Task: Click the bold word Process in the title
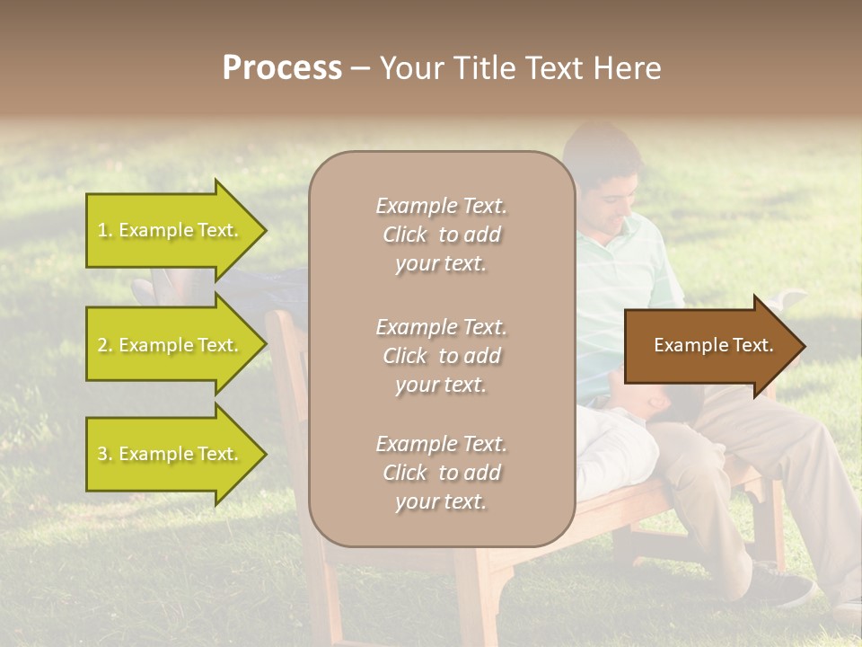282,68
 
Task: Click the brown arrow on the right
709,346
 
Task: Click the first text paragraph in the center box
441,235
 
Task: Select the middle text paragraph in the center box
441,355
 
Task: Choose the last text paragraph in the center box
441,473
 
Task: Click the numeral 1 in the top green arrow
101,230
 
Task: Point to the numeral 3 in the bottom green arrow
102,454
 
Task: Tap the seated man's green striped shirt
620,288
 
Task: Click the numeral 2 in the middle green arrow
102,345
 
